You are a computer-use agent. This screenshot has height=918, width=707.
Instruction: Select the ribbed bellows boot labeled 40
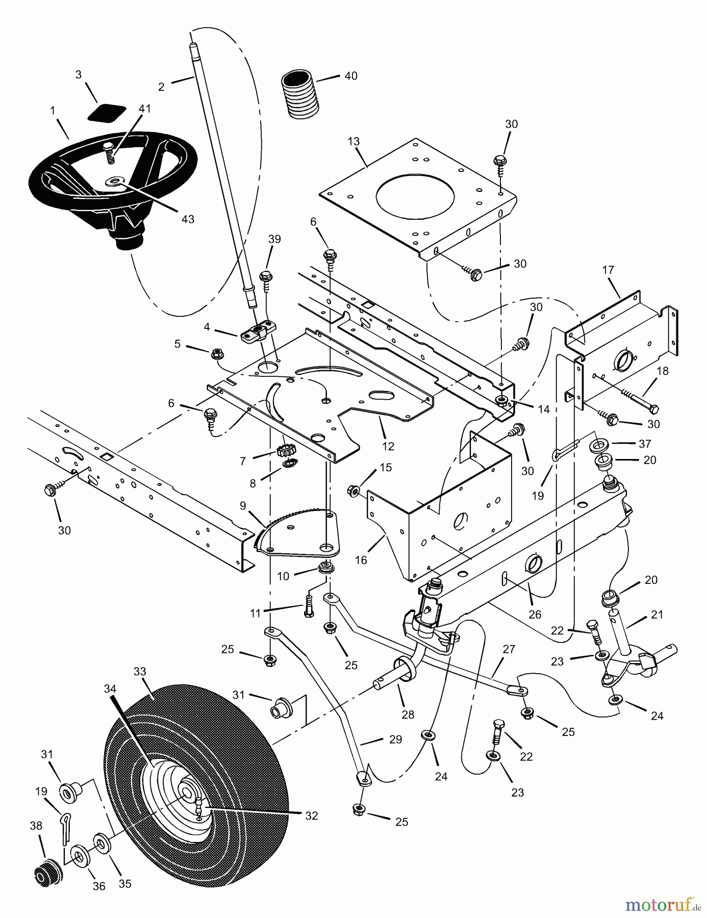coord(300,95)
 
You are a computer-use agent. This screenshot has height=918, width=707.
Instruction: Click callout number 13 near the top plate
coord(353,141)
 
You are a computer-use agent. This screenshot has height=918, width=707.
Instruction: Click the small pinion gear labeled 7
coord(284,451)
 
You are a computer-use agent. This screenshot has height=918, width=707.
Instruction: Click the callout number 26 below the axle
coord(535,615)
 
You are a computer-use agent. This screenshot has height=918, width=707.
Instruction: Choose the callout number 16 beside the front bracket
coord(361,560)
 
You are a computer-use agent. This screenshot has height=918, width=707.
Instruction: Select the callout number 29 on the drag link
coord(395,739)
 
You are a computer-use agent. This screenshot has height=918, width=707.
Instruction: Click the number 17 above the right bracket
coord(608,270)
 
